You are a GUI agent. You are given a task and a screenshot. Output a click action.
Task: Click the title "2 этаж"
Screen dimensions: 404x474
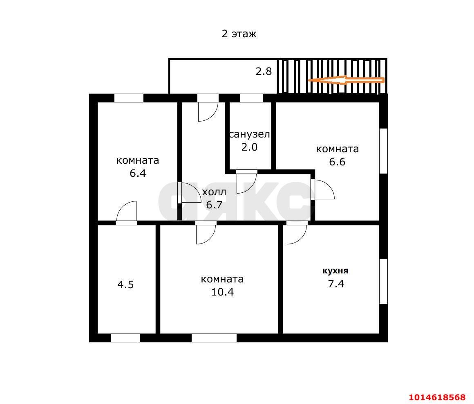tap(239, 34)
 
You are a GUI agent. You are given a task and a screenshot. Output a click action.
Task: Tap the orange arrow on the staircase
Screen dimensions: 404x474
tap(346, 80)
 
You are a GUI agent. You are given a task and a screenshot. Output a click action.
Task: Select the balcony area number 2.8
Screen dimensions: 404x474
tap(264, 71)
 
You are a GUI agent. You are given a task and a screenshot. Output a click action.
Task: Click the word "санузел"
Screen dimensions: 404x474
tap(249, 134)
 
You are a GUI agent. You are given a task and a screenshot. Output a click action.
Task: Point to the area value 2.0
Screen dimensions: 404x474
tap(249, 147)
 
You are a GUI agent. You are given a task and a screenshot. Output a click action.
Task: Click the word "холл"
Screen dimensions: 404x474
tap(214, 192)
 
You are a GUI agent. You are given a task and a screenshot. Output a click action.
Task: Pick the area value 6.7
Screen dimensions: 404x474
tap(214, 205)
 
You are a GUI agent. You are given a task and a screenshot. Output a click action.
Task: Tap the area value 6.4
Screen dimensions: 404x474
tap(138, 173)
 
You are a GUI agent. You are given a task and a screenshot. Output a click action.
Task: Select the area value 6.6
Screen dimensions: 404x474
tap(338, 162)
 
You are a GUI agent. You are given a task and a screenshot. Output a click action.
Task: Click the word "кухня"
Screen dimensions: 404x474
tap(335, 271)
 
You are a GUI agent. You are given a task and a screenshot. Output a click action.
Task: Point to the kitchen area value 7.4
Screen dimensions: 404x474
tap(336, 283)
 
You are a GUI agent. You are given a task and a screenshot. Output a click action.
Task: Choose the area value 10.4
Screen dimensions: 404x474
tap(223, 292)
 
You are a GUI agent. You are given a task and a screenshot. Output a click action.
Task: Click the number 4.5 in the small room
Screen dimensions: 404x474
tap(125, 284)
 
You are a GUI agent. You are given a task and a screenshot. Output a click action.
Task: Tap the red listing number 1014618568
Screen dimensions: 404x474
tap(437, 397)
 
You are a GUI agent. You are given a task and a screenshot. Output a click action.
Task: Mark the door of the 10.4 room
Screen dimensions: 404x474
tap(206, 234)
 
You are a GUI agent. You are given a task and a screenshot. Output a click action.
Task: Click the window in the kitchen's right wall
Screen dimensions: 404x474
tap(383, 281)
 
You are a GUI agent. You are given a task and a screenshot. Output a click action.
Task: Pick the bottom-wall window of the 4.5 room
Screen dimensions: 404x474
tap(125, 338)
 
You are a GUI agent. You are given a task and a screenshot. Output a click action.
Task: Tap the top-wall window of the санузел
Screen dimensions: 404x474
tap(251, 98)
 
